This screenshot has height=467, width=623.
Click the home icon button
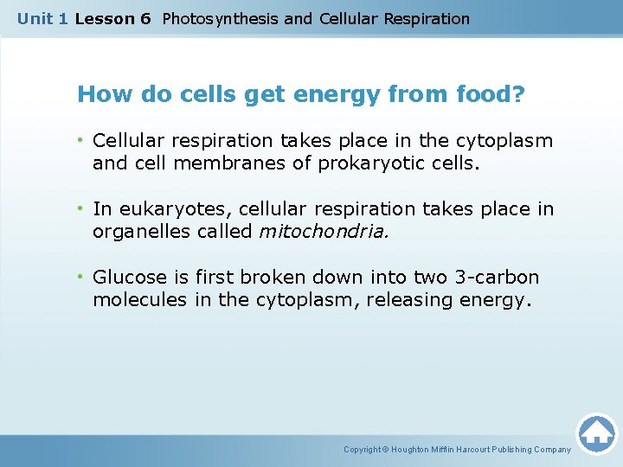[596, 432]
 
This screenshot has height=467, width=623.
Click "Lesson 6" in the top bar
[112, 18]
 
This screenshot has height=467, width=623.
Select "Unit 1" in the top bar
[42, 18]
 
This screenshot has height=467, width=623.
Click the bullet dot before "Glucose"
[82, 278]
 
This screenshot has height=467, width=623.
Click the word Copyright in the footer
[363, 450]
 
